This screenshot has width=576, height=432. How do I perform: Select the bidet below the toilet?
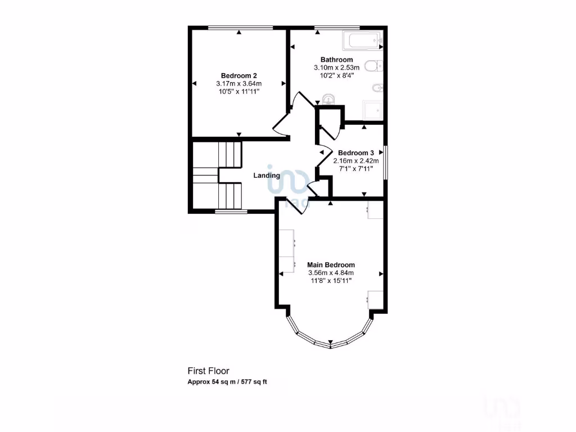point(376,88)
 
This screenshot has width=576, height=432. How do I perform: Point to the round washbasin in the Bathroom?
point(329,100)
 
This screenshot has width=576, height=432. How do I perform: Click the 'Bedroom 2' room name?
point(239,75)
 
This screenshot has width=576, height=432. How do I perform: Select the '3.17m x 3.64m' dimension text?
point(239,84)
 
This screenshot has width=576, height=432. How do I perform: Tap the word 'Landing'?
point(267,175)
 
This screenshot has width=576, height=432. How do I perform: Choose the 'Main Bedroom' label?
point(331,264)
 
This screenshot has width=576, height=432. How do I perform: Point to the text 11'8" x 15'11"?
point(331,281)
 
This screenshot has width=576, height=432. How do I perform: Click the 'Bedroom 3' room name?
point(355,152)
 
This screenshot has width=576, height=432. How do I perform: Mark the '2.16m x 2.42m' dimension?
point(355,160)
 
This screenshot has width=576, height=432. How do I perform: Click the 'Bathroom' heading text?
point(336,60)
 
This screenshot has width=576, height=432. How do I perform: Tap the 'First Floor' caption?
point(208,371)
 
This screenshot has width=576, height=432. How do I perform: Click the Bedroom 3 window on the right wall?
point(385,163)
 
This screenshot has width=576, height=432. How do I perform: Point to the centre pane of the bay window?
point(330,344)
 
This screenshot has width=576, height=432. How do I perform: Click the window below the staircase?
point(231,212)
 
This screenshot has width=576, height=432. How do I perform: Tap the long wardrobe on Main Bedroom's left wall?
point(287,251)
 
